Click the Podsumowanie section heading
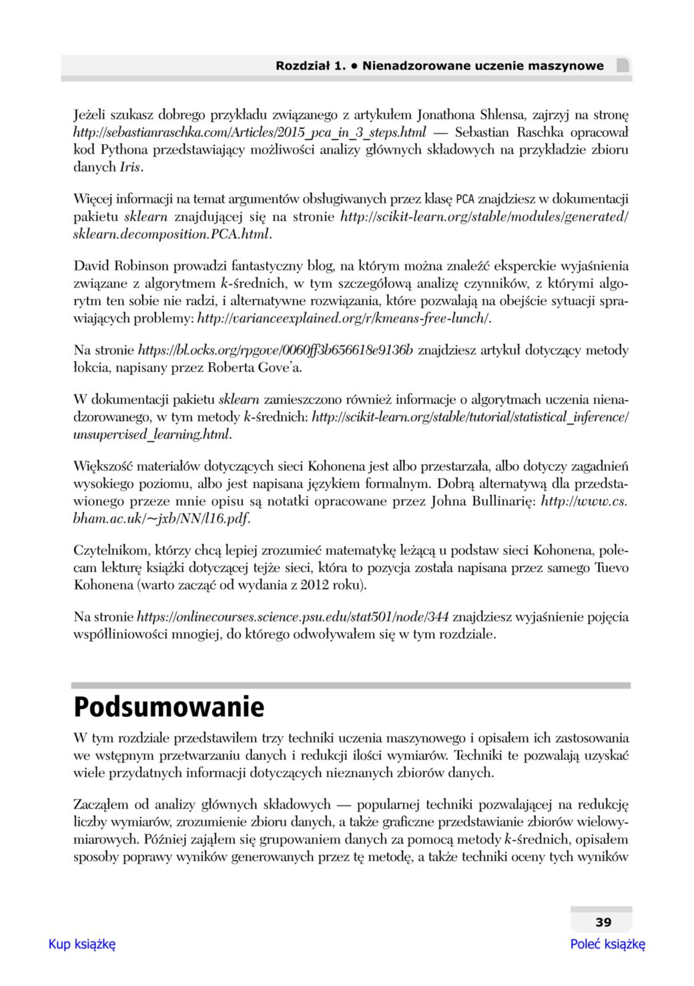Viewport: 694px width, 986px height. pyautogui.click(x=169, y=707)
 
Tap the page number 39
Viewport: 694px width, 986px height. pyautogui.click(x=603, y=923)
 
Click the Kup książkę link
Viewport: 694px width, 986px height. pyautogui.click(x=82, y=944)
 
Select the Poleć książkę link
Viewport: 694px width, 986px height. pyautogui.click(x=607, y=944)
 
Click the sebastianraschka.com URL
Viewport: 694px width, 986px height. pyautogui.click(x=250, y=132)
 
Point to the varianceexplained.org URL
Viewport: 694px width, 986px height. pyautogui.click(x=344, y=318)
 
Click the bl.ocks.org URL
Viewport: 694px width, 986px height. pyautogui.click(x=275, y=350)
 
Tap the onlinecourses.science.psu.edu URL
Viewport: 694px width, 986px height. pyautogui.click(x=292, y=617)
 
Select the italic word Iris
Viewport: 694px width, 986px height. pyautogui.click(x=130, y=167)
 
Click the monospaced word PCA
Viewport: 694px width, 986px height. pyautogui.click(x=465, y=200)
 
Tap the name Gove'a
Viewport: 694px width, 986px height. pyautogui.click(x=284, y=368)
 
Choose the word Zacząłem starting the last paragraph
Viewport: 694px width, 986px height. pyautogui.click(x=101, y=805)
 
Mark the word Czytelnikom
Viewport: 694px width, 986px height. pyautogui.click(x=111, y=551)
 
